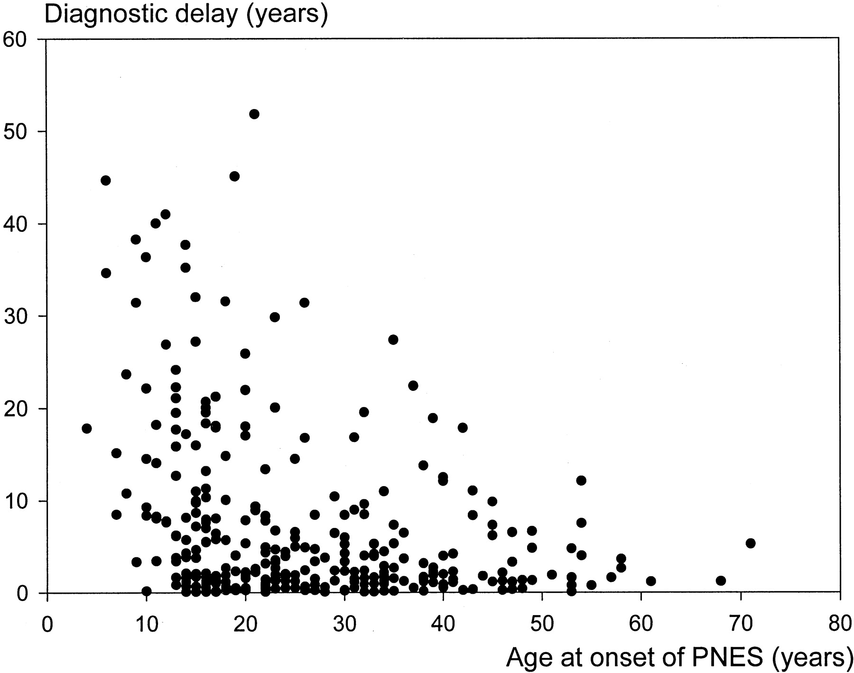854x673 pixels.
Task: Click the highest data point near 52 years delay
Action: tap(254, 114)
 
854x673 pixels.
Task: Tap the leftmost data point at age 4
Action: tap(86, 428)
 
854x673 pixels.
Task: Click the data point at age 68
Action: tap(721, 581)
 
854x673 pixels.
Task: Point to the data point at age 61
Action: tap(651, 581)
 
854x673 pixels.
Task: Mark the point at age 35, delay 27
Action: tap(393, 340)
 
